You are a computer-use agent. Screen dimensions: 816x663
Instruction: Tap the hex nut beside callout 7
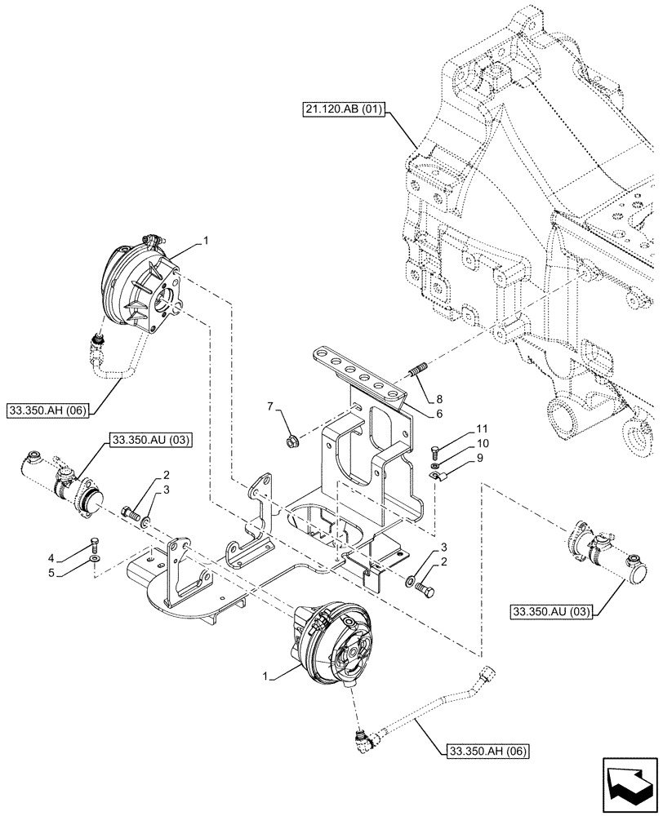pos(288,441)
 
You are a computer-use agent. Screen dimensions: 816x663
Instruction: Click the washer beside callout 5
pos(96,562)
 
